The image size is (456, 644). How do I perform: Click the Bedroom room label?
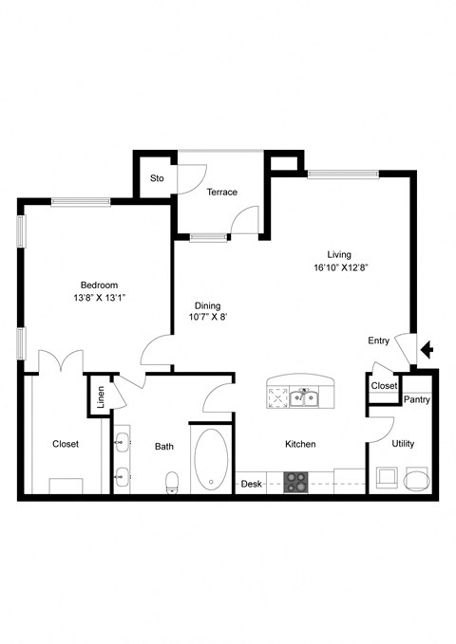[x=98, y=285]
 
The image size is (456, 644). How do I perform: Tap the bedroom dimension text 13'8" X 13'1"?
[x=98, y=298]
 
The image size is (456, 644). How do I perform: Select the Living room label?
[x=339, y=254]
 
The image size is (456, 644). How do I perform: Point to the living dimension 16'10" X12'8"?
[x=339, y=267]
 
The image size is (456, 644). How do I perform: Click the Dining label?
[x=207, y=305]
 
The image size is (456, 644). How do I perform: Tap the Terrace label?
[x=221, y=192]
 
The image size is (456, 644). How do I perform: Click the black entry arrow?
[x=427, y=350]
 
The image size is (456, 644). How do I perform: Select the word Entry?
[x=379, y=340]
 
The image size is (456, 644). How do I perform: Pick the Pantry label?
[x=416, y=399]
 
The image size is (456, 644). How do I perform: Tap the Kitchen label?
[x=300, y=444]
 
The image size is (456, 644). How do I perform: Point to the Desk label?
[x=251, y=483]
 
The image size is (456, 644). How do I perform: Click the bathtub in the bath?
[x=211, y=460]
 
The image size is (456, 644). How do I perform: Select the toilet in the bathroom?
[x=172, y=483]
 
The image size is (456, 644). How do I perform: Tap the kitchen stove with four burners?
[x=297, y=481]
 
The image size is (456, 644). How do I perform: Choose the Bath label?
[x=164, y=446]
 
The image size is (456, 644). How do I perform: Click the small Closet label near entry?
[x=384, y=386]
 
